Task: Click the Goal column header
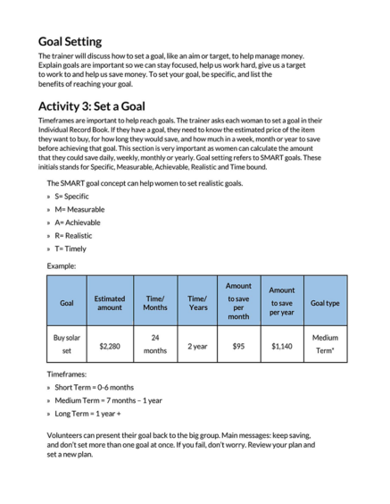point(67,302)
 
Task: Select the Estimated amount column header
point(109,302)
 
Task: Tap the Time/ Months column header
point(154,302)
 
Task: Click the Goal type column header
point(324,302)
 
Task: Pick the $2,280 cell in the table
point(109,345)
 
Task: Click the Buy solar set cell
point(67,344)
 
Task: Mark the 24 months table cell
point(154,344)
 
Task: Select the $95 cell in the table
point(238,345)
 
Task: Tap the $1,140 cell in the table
point(281,345)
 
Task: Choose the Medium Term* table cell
point(324,344)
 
